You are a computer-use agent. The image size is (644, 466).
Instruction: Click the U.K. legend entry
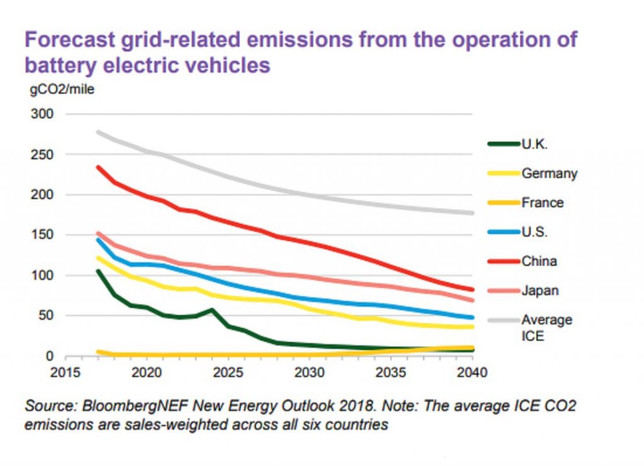pos(535,144)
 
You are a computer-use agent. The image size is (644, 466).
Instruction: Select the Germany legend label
pos(549,174)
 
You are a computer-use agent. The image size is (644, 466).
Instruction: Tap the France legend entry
pos(542,203)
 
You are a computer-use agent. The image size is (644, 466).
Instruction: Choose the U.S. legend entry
pos(535,232)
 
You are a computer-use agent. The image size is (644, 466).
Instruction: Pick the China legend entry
pos(539,261)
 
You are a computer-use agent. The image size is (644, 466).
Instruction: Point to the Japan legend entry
pos(540,290)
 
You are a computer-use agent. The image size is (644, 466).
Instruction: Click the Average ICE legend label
pos(547,327)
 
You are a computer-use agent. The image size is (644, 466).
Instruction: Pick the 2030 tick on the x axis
pos(309,372)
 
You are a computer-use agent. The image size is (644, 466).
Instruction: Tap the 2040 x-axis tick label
pos(472,372)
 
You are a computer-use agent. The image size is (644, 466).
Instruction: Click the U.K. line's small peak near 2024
pos(211,310)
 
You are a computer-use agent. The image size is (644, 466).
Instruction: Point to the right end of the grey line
pos(472,213)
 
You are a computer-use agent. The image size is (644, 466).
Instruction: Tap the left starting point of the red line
pos(97,167)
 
